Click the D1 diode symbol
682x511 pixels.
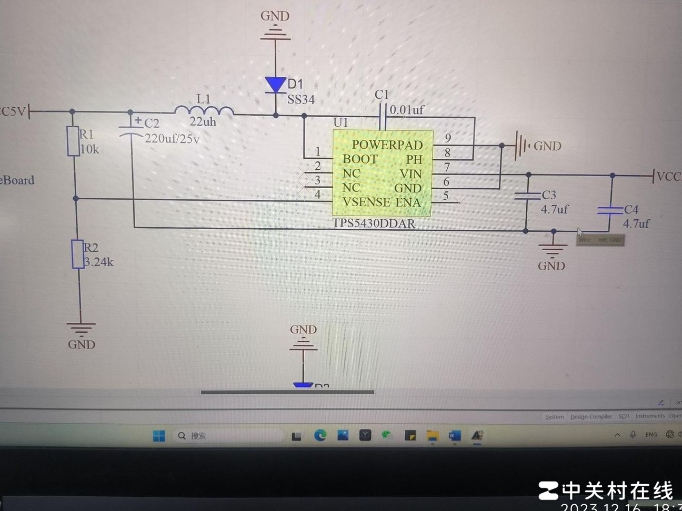pyautogui.click(x=275, y=85)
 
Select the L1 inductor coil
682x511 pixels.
pyautogui.click(x=204, y=110)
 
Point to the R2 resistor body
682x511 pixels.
pyautogui.click(x=78, y=254)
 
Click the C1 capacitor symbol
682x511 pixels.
pyautogui.click(x=383, y=116)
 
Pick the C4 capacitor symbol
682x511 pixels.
pyautogui.click(x=610, y=211)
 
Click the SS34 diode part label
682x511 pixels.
pyautogui.click(x=301, y=99)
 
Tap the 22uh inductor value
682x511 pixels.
pyautogui.click(x=203, y=122)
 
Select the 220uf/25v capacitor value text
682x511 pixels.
pyautogui.click(x=172, y=139)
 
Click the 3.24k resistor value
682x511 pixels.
pyautogui.click(x=99, y=262)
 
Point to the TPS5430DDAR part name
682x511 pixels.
pyautogui.click(x=374, y=223)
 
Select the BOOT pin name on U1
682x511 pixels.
pyautogui.click(x=360, y=159)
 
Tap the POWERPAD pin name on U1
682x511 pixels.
pyautogui.click(x=387, y=145)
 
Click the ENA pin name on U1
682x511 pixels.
pyautogui.click(x=408, y=202)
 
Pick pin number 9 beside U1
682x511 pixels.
pyautogui.click(x=448, y=138)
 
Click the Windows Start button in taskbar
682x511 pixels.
pyautogui.click(x=159, y=435)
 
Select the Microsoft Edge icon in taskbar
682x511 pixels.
pyautogui.click(x=320, y=435)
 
